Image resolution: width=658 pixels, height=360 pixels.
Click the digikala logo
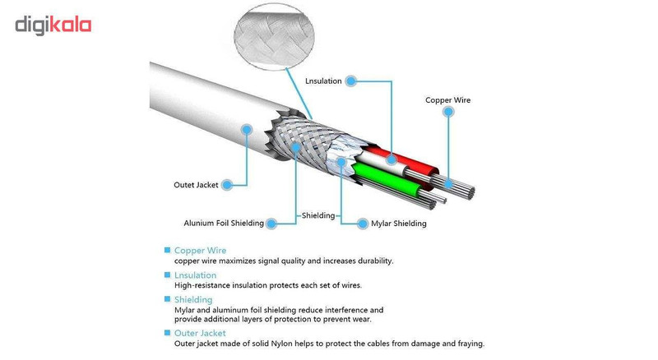pyautogui.click(x=53, y=25)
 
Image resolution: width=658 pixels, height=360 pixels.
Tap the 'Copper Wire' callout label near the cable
pyautogui.click(x=447, y=100)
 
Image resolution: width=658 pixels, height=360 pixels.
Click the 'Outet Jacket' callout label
pyautogui.click(x=196, y=185)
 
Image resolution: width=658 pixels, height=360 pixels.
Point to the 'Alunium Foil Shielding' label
pyautogui.click(x=224, y=223)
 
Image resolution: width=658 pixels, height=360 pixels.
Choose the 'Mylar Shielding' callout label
pyautogui.click(x=399, y=223)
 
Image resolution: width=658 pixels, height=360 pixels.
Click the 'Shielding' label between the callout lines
pyautogui.click(x=319, y=215)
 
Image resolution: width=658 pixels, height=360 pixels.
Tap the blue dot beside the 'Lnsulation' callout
pyautogui.click(x=350, y=81)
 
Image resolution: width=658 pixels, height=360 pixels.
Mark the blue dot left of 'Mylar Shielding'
pyautogui.click(x=362, y=223)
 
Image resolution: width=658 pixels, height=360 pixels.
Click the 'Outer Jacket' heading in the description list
pyautogui.click(x=200, y=333)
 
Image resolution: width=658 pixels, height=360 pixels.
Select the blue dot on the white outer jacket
pyautogui.click(x=246, y=129)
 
